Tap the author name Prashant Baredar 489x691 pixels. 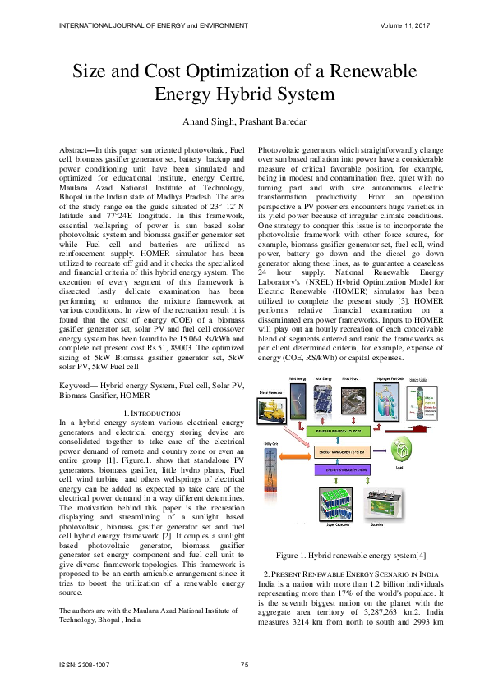click(271, 123)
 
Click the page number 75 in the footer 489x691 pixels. click(244, 663)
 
